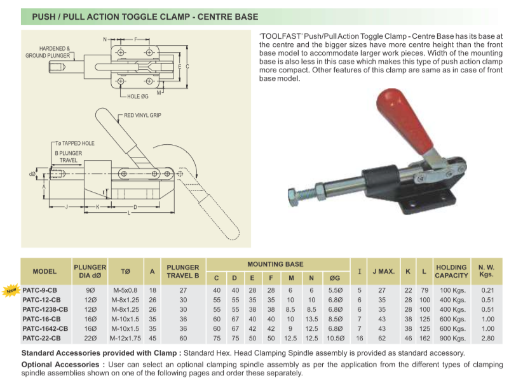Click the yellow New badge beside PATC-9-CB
tap(11, 291)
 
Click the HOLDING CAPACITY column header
tap(451, 271)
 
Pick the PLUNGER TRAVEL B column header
tap(182, 271)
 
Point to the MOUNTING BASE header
tap(275, 264)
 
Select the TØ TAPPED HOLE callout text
tap(74, 143)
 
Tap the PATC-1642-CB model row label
tap(45, 328)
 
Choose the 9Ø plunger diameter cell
tap(90, 290)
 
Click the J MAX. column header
tap(384, 271)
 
